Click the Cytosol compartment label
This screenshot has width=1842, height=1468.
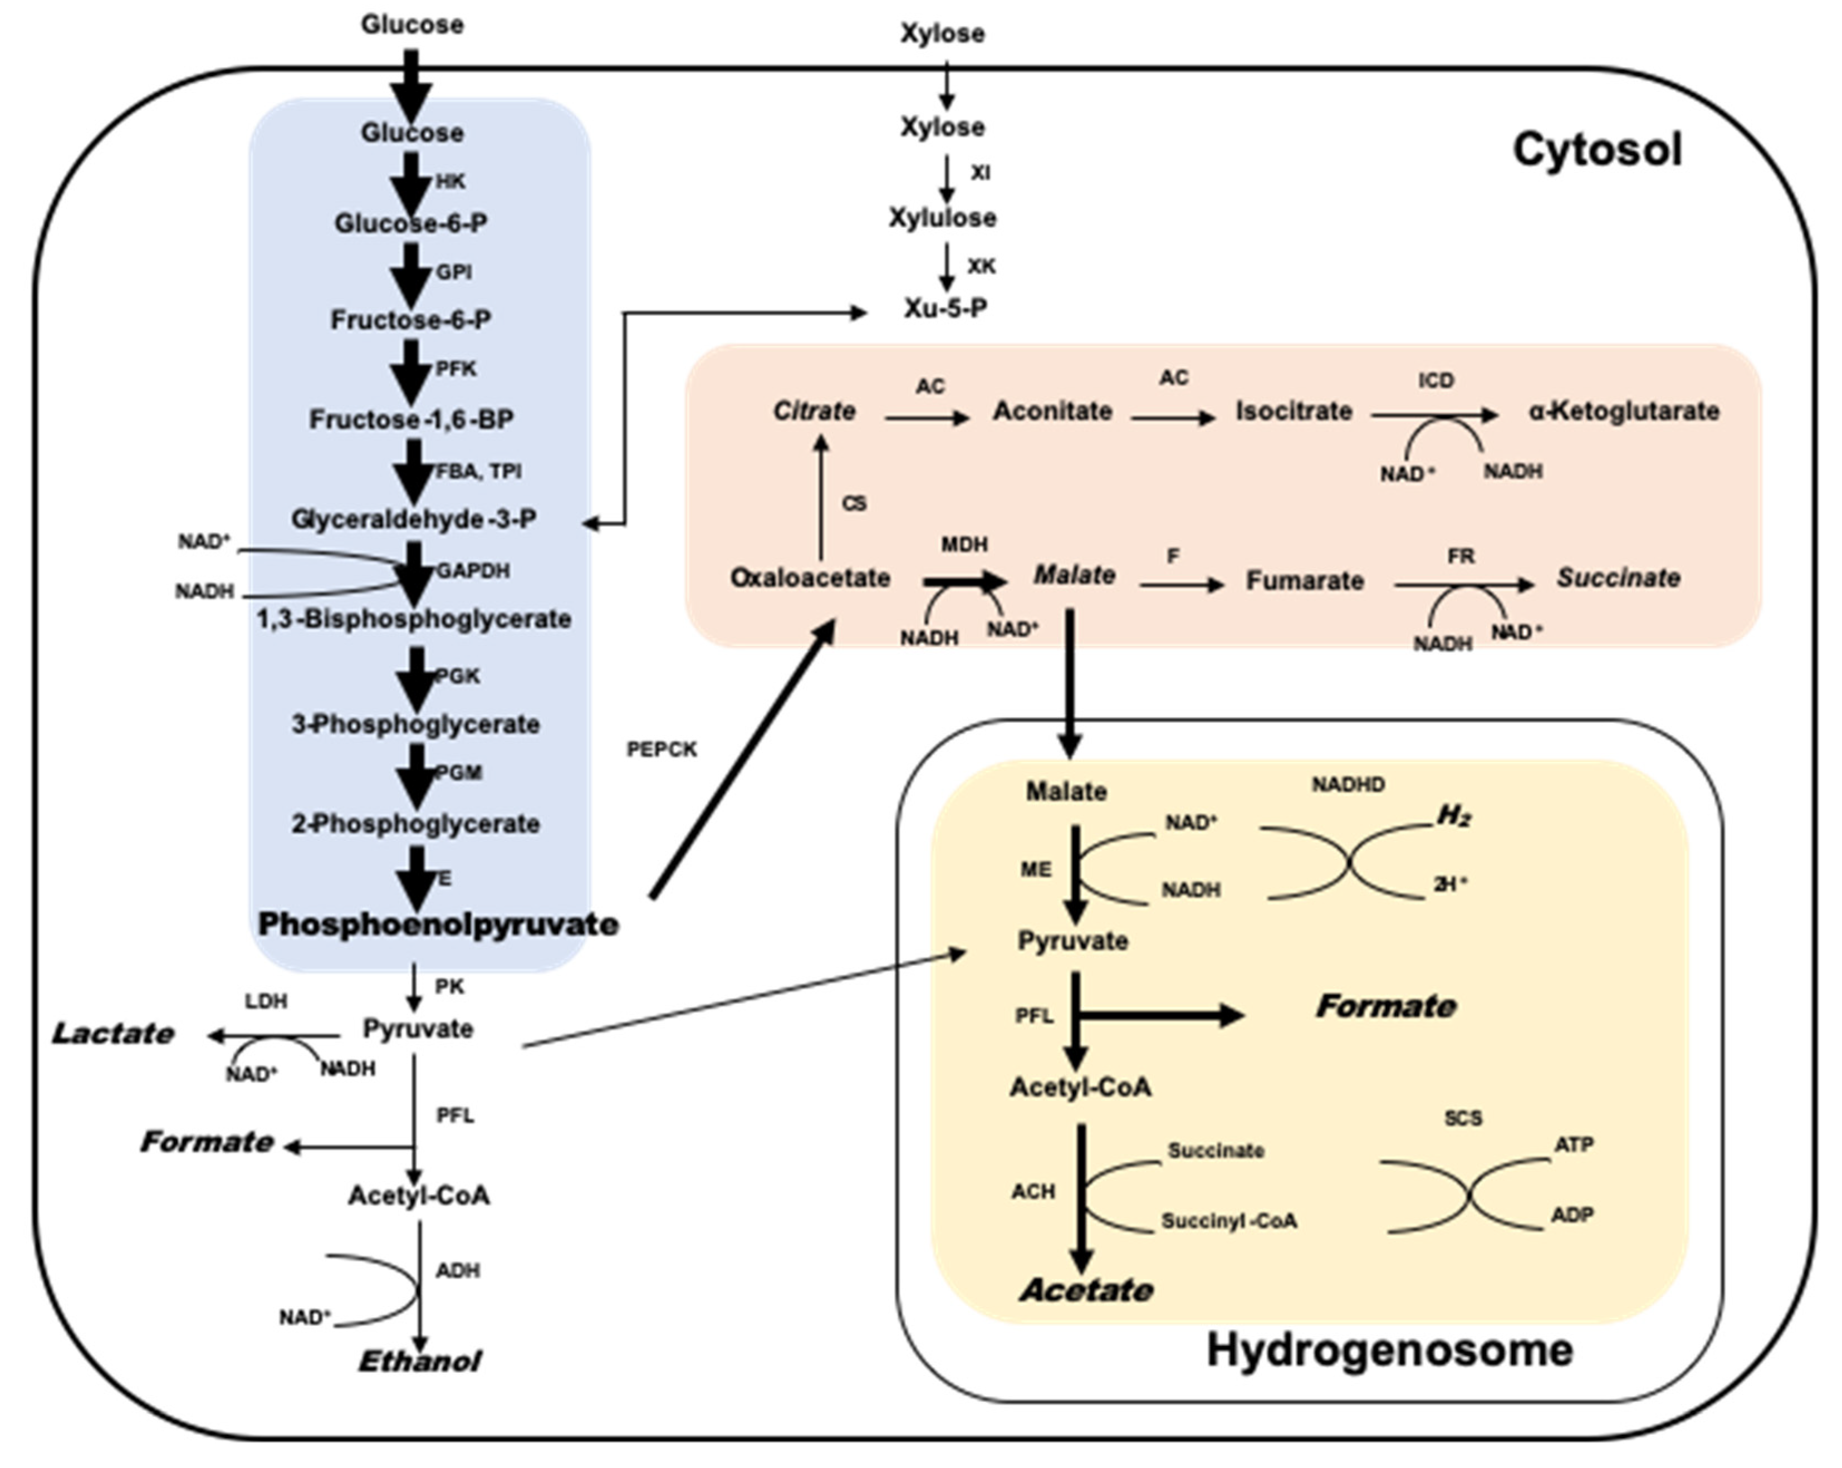pos(1597,150)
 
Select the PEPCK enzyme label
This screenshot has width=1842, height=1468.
pos(662,750)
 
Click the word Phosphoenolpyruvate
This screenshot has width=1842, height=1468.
pos(438,924)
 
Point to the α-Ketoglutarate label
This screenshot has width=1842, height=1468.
pos(1623,411)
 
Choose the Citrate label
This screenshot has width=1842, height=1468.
pos(814,411)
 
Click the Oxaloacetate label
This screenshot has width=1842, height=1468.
pos(810,579)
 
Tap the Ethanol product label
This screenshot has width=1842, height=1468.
pos(419,1361)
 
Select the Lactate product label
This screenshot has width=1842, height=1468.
pos(113,1034)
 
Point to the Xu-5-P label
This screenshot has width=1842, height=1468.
pos(946,309)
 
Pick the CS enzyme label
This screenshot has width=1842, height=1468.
pos(854,503)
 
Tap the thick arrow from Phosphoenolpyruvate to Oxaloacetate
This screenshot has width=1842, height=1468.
pos(742,761)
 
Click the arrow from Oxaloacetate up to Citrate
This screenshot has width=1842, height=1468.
pos(821,496)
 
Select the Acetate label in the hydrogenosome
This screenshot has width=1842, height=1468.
pos(1086,1290)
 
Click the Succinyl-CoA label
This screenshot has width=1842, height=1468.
pos(1228,1222)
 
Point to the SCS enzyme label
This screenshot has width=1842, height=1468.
pos(1463,1118)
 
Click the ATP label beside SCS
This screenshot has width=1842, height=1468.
pos(1573,1144)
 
